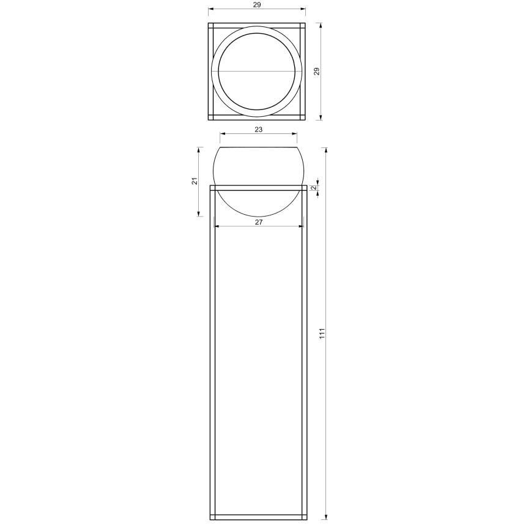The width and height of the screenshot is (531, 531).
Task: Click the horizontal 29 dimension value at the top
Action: [x=257, y=5]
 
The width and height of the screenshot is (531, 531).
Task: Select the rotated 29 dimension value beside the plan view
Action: [x=316, y=72]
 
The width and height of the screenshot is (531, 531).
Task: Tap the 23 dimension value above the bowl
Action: [x=258, y=130]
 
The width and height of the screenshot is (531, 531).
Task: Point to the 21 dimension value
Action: [x=195, y=181]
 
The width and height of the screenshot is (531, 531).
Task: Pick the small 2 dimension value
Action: [x=314, y=188]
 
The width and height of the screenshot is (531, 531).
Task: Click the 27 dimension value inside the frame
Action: [x=259, y=222]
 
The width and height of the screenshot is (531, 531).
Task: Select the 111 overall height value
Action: [x=322, y=333]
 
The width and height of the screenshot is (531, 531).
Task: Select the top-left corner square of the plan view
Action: [x=210, y=26]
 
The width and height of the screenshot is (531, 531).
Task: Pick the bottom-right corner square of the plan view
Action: [x=302, y=117]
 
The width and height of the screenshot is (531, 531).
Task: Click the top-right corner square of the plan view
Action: [x=302, y=26]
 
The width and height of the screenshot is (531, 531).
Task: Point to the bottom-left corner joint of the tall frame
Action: [x=213, y=517]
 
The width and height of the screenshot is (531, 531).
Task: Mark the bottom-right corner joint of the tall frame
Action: [x=304, y=517]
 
